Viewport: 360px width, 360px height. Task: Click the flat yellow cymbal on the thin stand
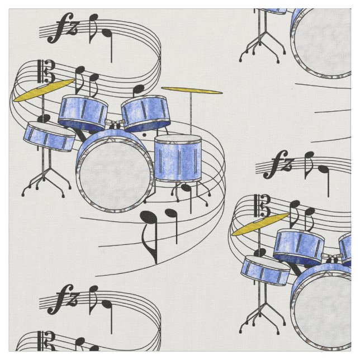[x=191, y=90]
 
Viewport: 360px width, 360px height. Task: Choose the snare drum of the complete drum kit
[x=49, y=137]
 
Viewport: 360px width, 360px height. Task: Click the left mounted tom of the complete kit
[x=83, y=112]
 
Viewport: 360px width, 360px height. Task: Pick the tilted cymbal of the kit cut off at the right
[x=259, y=224]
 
